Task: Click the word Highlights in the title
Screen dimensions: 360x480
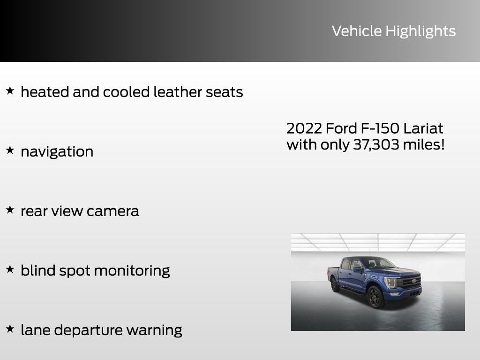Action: point(420,31)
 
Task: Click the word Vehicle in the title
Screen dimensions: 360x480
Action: point(357,31)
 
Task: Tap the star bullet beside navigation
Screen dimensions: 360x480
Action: point(10,150)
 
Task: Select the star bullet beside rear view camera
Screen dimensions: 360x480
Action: point(10,210)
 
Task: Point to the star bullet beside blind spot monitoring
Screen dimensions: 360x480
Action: point(10,270)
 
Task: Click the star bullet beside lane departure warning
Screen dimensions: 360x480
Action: point(10,329)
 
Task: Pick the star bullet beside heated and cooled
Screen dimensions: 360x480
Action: point(10,91)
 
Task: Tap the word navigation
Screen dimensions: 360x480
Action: point(57,152)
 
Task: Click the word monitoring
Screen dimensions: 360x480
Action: point(132,271)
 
